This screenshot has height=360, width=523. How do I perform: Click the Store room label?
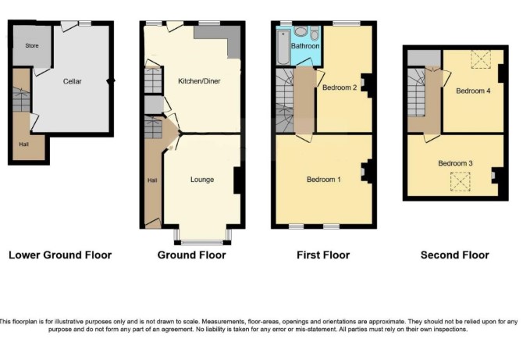[x=32, y=46]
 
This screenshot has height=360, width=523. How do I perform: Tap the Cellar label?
[x=73, y=81]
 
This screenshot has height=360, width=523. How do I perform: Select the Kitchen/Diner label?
[x=199, y=81]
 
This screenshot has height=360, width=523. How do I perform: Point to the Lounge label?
[x=202, y=180]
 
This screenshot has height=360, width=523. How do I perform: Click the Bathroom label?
[x=305, y=46]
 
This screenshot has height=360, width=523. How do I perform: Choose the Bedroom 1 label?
[x=323, y=180]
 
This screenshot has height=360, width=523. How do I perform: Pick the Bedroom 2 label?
[x=340, y=87]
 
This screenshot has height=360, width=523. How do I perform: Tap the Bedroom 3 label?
[x=455, y=163]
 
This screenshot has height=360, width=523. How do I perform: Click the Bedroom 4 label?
[x=473, y=91]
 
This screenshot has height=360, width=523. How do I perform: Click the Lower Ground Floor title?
[x=60, y=255]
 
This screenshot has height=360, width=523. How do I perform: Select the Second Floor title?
[x=454, y=255]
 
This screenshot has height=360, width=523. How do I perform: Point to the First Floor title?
[x=323, y=255]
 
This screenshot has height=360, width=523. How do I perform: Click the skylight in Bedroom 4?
[x=481, y=59]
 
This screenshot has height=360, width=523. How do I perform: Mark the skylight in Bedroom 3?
[x=461, y=181]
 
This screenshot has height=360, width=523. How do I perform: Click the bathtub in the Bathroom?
[x=283, y=47]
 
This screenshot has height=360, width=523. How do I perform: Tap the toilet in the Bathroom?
[x=315, y=34]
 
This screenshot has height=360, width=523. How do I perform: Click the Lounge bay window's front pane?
[x=202, y=243]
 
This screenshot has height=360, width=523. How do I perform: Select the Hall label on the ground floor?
[x=152, y=180]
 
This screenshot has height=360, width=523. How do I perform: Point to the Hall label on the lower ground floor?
[x=23, y=144]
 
